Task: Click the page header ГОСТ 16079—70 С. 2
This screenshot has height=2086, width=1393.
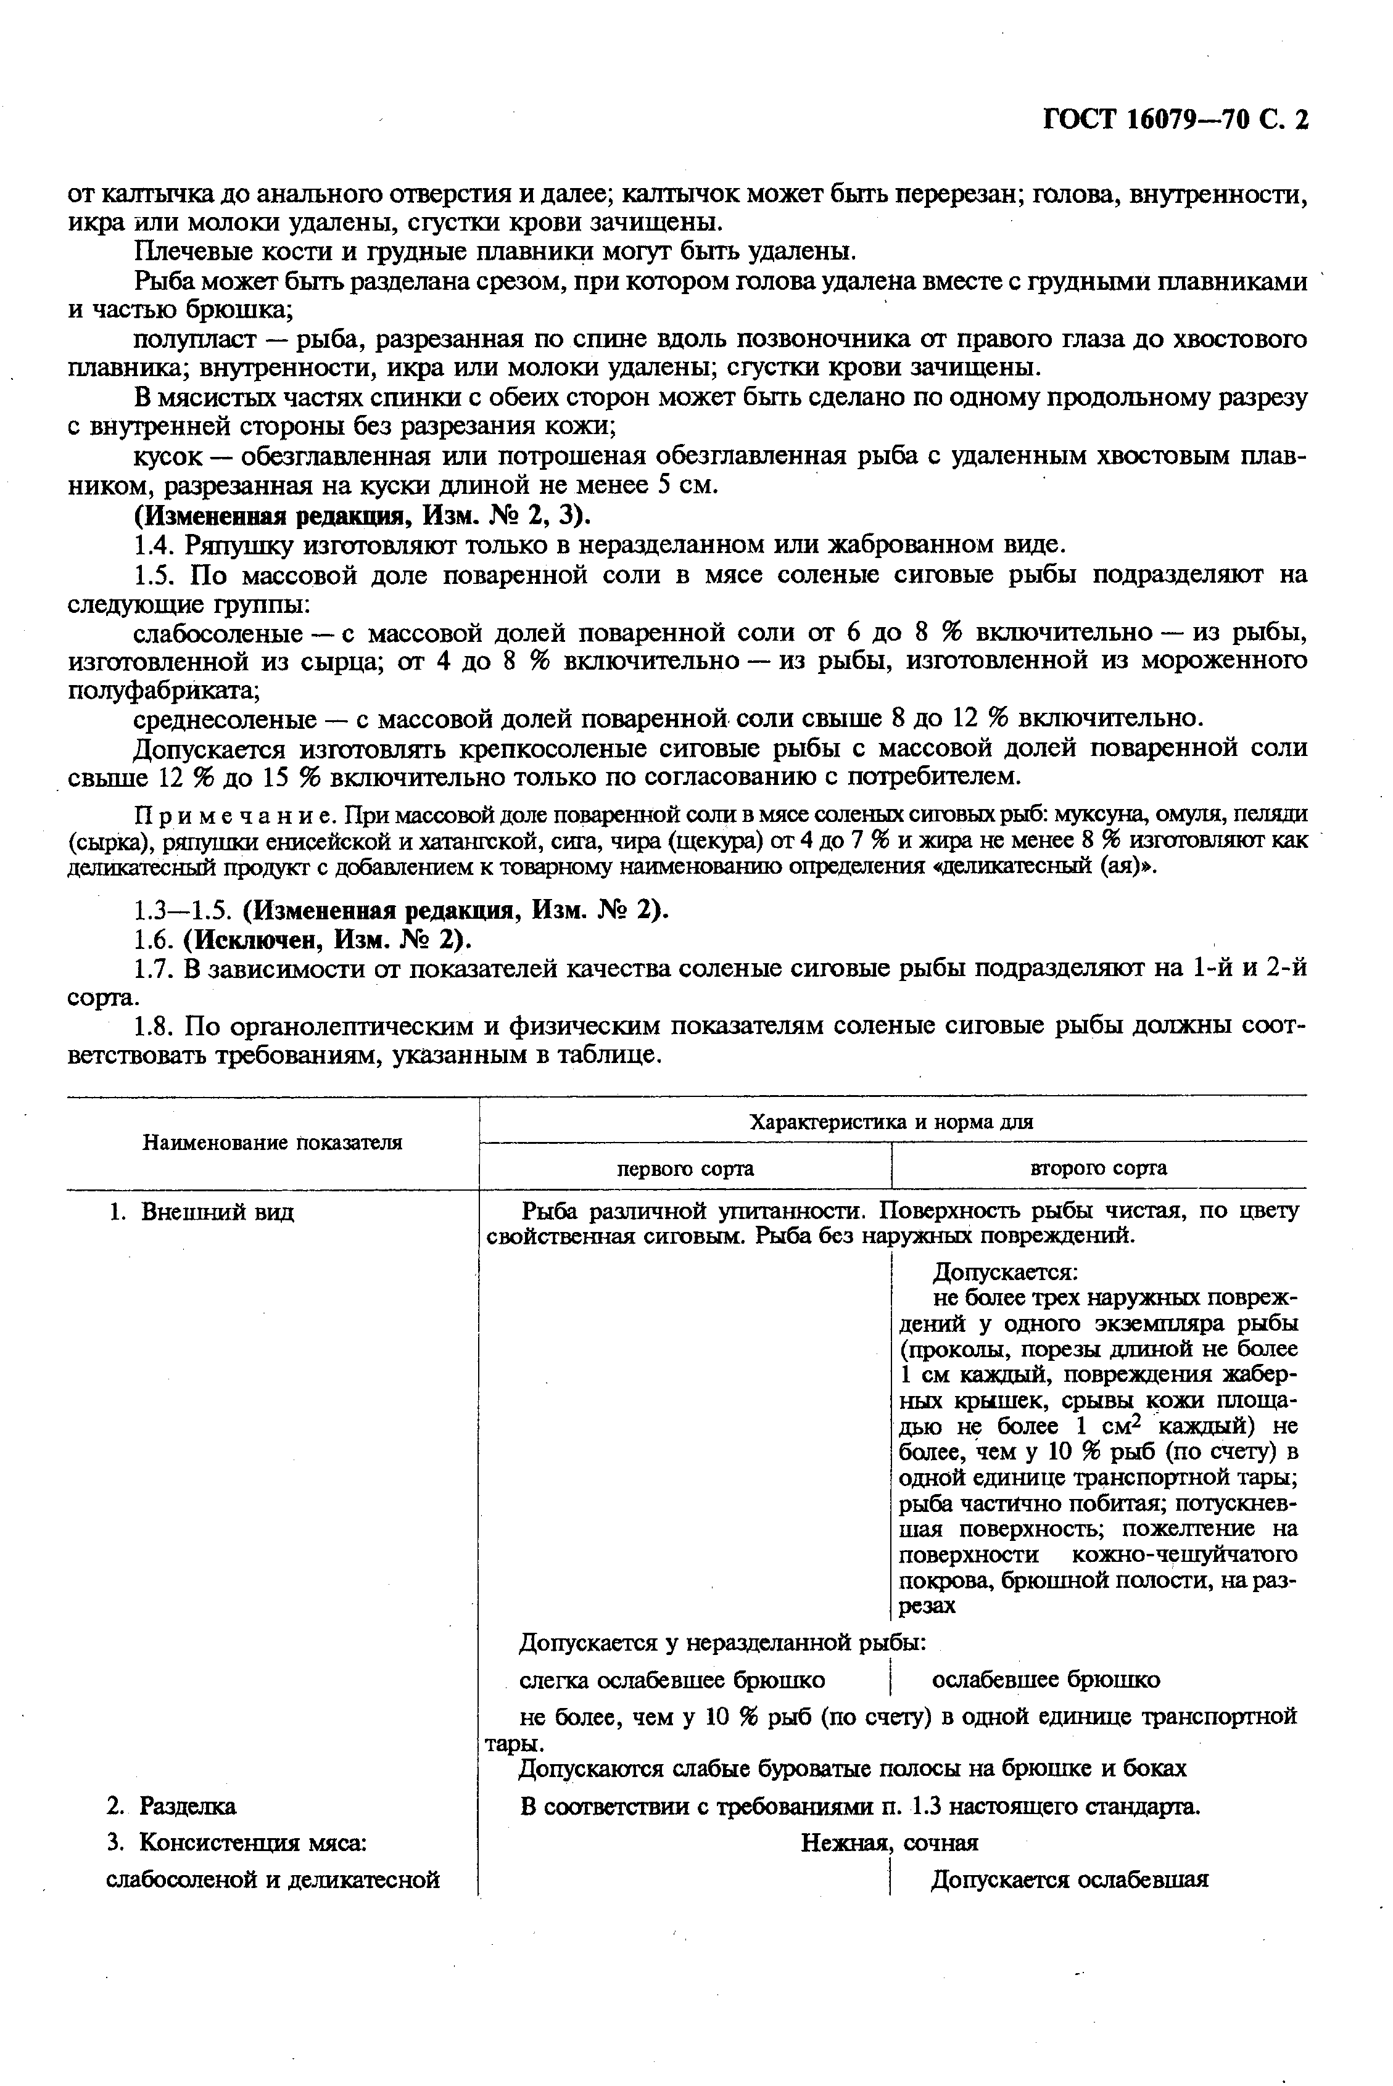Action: click(1175, 119)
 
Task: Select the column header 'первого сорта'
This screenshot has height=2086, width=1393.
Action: click(685, 1168)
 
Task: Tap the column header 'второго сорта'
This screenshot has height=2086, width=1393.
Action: click(1098, 1168)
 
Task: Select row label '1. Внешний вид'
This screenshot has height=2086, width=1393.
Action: click(200, 1212)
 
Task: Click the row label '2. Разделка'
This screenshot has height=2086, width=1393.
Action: click(170, 1806)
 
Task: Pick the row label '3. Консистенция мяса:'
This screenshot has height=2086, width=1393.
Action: click(236, 1842)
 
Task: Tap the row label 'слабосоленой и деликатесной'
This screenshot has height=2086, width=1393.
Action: click(273, 1880)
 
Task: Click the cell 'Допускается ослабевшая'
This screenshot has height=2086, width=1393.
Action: click(1070, 1880)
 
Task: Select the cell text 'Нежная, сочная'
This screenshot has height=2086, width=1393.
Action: click(889, 1842)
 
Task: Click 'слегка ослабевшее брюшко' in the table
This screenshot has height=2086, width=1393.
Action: click(672, 1680)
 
